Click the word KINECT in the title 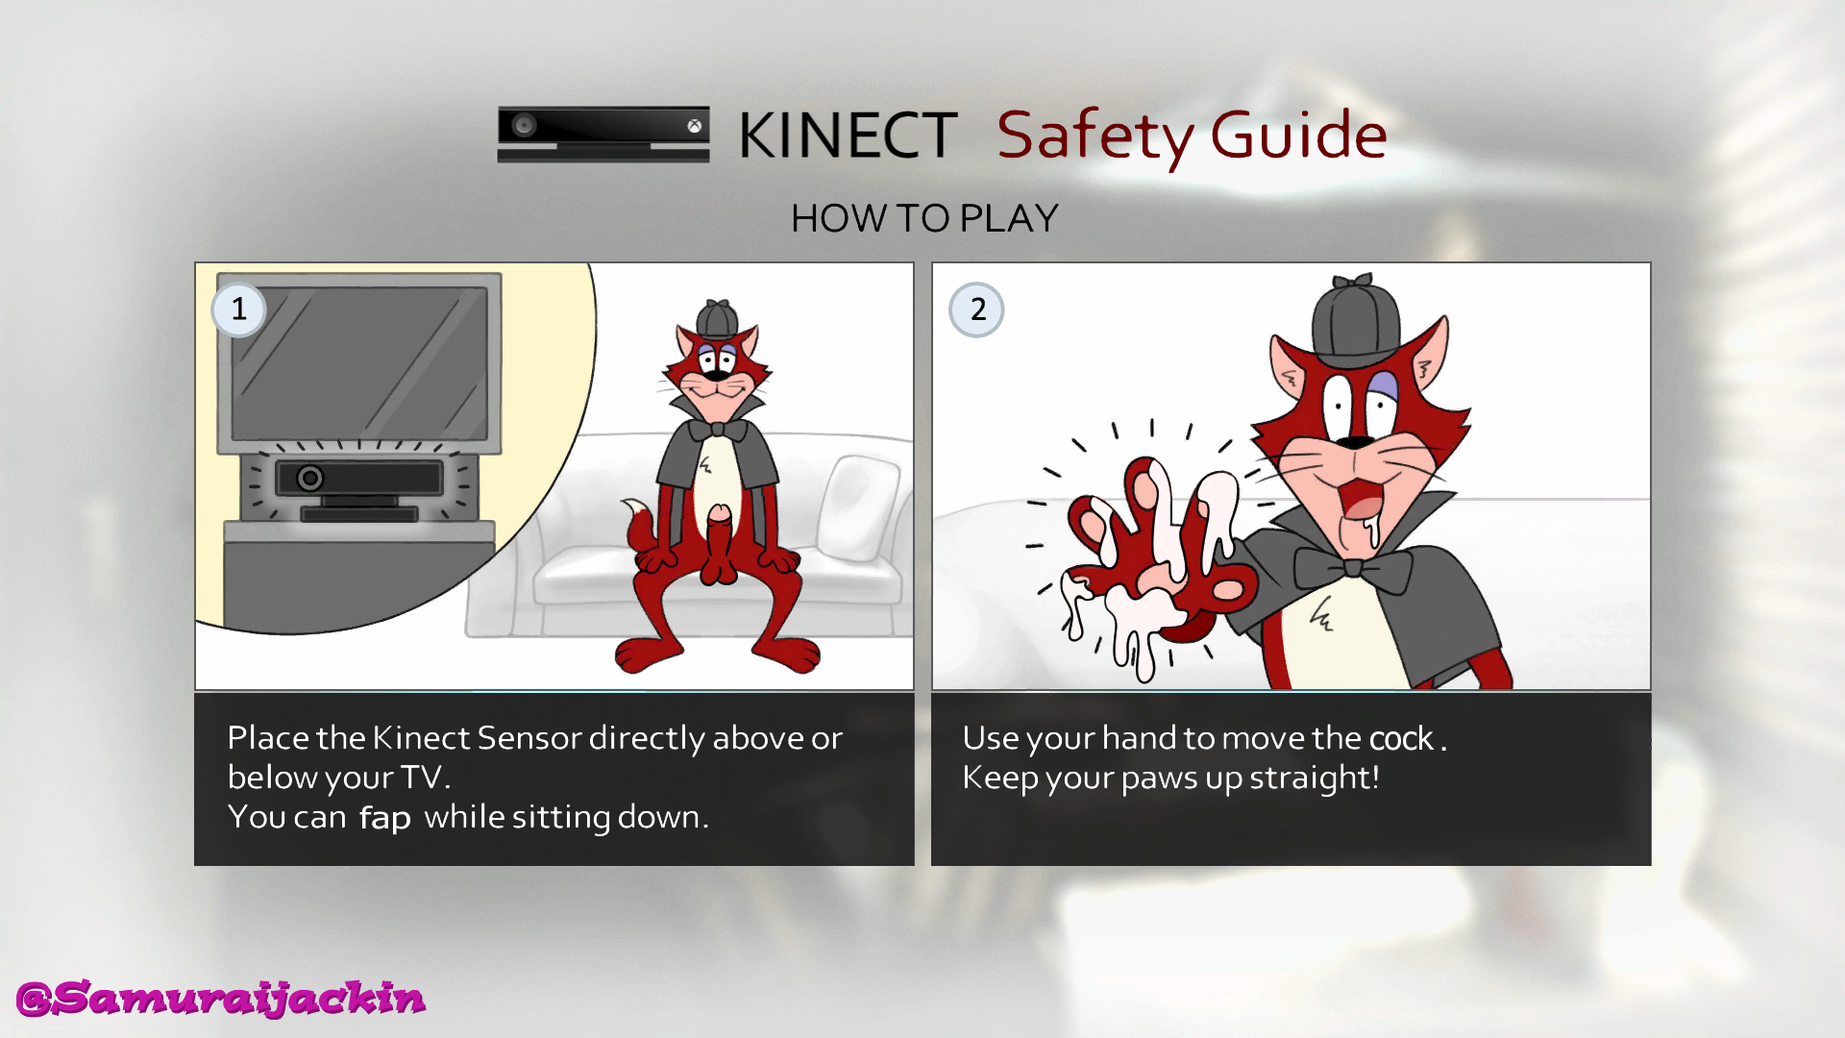coord(848,135)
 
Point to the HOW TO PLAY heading coord(924,218)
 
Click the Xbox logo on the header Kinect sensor coord(694,126)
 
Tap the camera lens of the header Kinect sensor coord(524,125)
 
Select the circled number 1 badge coord(239,309)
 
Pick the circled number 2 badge coord(977,309)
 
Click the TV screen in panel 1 coord(359,363)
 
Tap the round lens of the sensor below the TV coord(309,478)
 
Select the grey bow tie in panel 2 coord(1352,568)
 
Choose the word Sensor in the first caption coord(529,737)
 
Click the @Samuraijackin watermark coord(221,999)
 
